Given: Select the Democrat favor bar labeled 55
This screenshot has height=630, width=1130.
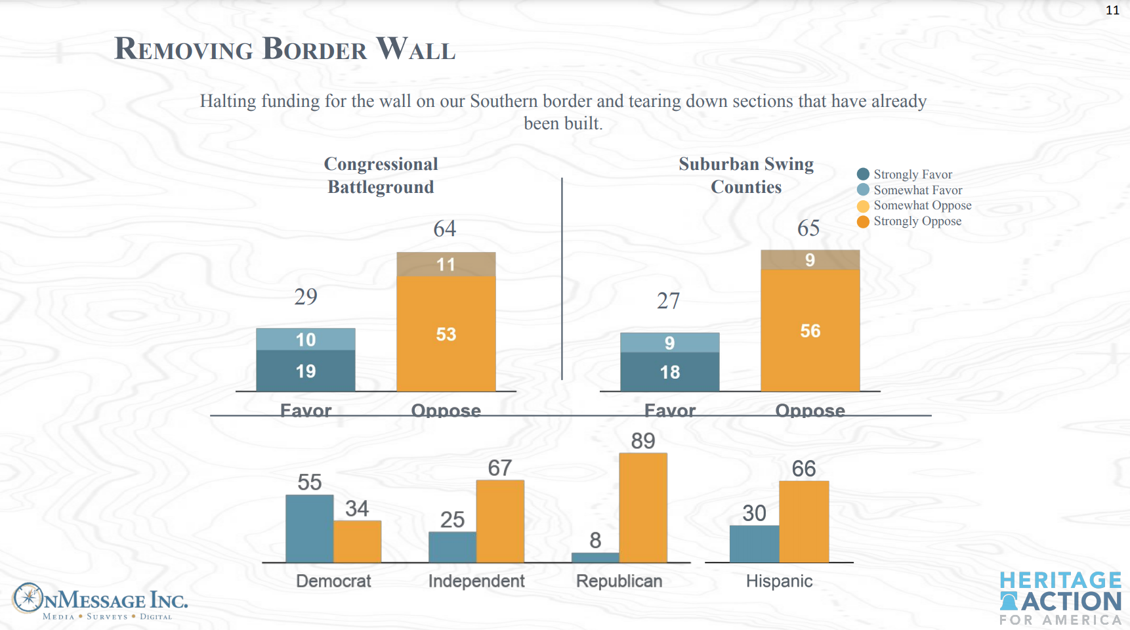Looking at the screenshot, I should [x=309, y=528].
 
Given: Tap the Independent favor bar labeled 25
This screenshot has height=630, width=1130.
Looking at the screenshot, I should [x=452, y=547].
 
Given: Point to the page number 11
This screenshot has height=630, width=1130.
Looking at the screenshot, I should [x=1112, y=10].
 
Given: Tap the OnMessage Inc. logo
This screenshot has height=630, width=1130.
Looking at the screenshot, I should [x=100, y=600].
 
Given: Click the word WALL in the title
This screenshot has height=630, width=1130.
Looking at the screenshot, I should [x=416, y=49].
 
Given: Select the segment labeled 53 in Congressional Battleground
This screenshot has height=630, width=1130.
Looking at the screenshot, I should [x=446, y=333].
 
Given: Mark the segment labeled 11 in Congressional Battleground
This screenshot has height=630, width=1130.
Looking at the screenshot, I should [x=446, y=264].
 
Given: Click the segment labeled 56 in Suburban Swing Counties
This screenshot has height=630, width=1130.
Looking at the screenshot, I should [x=810, y=330].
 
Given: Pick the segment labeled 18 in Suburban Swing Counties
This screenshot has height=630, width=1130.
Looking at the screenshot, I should [x=669, y=372].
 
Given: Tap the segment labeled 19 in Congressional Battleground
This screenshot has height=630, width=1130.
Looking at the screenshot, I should [x=306, y=371].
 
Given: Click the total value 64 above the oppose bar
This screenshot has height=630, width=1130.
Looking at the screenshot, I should [x=444, y=228].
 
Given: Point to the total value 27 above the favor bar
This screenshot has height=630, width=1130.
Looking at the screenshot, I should [x=668, y=301].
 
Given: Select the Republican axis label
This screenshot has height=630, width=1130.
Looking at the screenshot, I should [x=619, y=581].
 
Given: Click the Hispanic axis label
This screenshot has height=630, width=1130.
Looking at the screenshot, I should [x=779, y=581].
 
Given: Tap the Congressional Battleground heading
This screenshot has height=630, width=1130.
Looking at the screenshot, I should [x=381, y=175].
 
